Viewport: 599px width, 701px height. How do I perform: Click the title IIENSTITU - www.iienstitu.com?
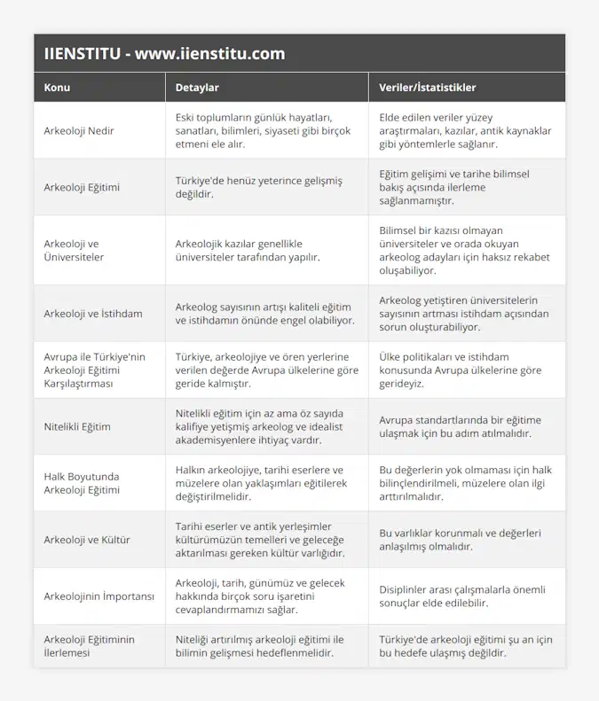pos(164,53)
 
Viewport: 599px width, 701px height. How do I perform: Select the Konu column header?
pos(57,88)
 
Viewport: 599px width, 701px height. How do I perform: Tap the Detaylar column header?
pos(197,88)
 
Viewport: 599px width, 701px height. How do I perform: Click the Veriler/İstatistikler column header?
pos(427,88)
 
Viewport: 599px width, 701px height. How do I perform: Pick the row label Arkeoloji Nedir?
pos(79,130)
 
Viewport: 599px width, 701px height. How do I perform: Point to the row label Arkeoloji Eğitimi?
pos(82,187)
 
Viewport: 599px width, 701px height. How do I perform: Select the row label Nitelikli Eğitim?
pos(77,426)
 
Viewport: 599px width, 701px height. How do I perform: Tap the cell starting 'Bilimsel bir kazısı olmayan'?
pos(465,250)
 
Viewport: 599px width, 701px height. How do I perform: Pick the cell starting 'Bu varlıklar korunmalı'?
pos(461,540)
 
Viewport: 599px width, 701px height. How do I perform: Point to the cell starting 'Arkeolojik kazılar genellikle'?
pos(253,250)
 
